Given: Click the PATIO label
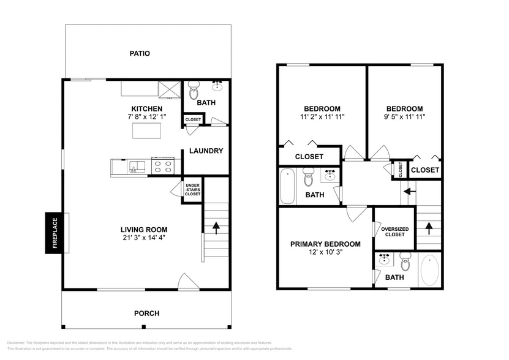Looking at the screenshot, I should click(140, 54).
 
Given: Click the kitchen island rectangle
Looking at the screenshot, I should click(146, 130).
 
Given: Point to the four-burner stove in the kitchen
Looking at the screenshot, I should click(163, 166).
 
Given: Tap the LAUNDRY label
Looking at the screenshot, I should click(206, 151).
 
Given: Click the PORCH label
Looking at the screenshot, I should click(146, 313).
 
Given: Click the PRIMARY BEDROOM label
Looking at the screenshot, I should click(325, 244).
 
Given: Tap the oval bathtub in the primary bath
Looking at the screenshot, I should click(430, 270).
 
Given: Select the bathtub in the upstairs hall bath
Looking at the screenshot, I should click(287, 187).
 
